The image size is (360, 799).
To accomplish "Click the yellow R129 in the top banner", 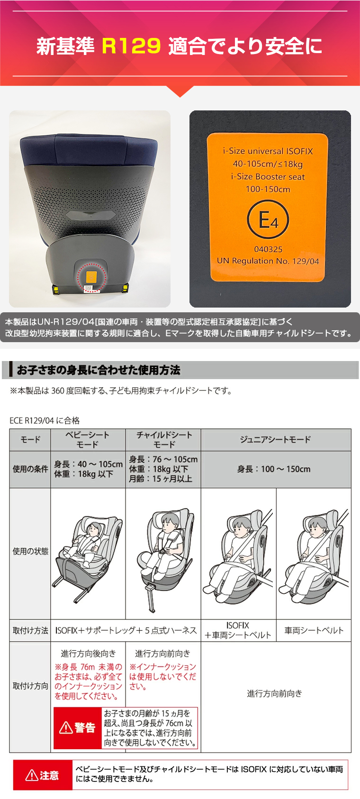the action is (131, 46).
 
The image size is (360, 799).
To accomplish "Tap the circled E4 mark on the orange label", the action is (268, 219).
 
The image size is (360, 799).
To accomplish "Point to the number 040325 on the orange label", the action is (268, 249).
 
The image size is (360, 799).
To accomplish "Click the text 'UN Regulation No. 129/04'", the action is (268, 261).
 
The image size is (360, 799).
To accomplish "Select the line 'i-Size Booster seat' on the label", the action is (268, 177).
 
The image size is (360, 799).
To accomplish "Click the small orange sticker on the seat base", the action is (91, 277).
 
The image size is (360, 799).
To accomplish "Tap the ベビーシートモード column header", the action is (88, 439).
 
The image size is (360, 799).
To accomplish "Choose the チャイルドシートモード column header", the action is (164, 439).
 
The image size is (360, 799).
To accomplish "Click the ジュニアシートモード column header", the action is (276, 439).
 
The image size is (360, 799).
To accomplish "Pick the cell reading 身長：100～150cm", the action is (274, 469).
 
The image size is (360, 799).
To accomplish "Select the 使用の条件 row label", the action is (30, 469).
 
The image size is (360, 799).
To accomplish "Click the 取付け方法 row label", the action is (30, 631).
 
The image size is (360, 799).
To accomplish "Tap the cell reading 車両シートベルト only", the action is (314, 631).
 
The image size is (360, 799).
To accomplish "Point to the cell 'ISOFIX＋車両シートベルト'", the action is (238, 630).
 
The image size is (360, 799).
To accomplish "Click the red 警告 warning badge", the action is (78, 727).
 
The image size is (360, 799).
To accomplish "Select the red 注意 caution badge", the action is (43, 775).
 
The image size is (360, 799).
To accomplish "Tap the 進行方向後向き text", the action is (89, 654).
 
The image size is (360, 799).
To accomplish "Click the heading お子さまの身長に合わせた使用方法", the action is (99, 370).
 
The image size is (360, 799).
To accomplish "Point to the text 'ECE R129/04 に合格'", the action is (45, 420).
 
